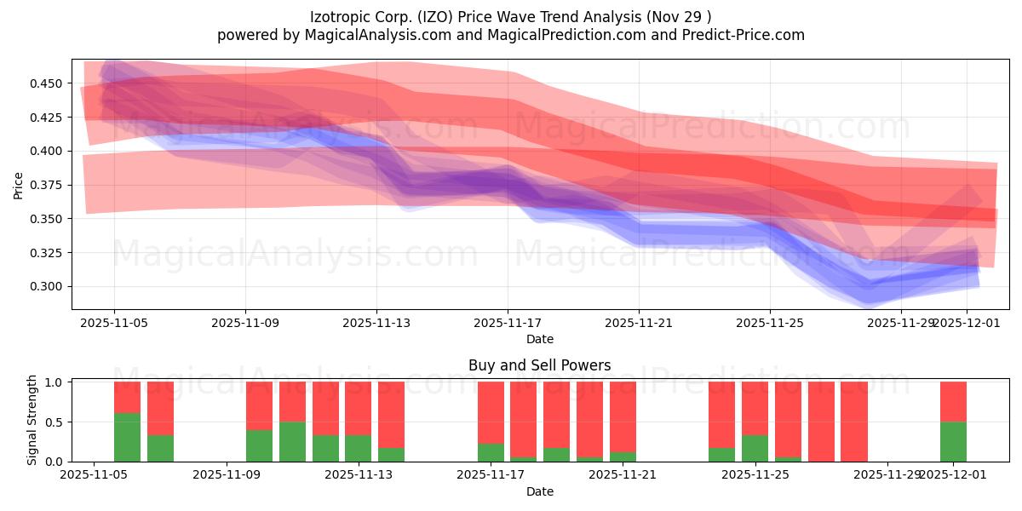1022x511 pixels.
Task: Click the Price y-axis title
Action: [x=19, y=185]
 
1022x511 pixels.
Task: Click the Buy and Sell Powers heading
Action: [x=540, y=365]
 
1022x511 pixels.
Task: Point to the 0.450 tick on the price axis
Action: [x=47, y=83]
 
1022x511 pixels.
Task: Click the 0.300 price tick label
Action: [x=47, y=287]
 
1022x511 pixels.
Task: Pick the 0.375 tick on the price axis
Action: [x=47, y=185]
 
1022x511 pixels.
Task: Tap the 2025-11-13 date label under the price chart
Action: [x=376, y=324]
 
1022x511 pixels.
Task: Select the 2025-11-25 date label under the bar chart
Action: [x=755, y=475]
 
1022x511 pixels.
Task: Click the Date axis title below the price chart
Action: [x=540, y=339]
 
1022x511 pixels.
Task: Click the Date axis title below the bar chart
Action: [x=540, y=491]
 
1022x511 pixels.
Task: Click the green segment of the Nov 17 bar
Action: [x=491, y=452]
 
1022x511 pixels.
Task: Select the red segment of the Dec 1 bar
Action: [x=953, y=401]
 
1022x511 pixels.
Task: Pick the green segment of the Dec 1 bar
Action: [x=953, y=441]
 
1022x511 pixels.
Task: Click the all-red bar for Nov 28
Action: [x=854, y=422]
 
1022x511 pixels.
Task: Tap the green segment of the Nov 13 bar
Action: [x=359, y=448]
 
